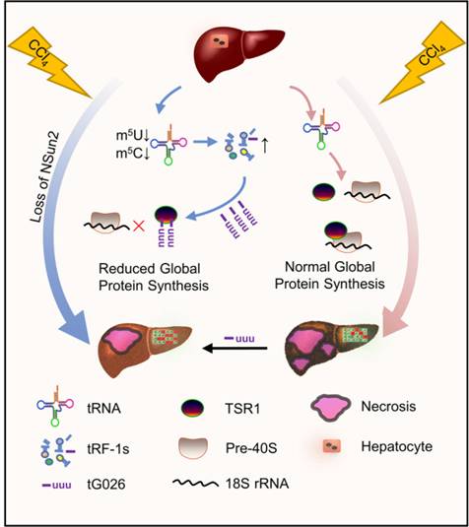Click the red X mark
tap(139, 227)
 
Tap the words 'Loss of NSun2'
tap(45, 177)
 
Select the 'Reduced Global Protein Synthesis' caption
tap(154, 277)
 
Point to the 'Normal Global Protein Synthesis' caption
tap(330, 275)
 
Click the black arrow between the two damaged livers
tap(235, 348)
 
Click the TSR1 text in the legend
tap(242, 409)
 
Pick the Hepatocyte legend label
tap(397, 446)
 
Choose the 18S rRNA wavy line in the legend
tap(195, 483)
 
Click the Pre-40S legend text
tap(251, 448)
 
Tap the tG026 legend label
tap(106, 485)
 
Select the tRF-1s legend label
tap(108, 449)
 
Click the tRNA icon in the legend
tap(55, 406)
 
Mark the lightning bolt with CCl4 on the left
tap(49, 62)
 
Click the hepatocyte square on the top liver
tap(220, 41)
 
